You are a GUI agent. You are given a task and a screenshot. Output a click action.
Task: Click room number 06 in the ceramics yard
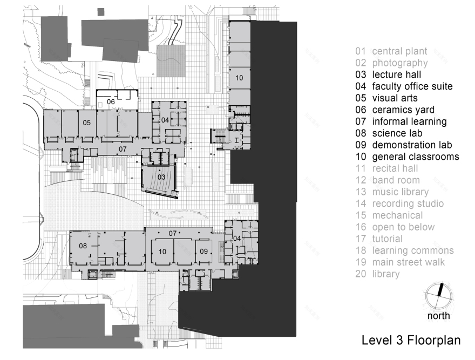pyautogui.click(x=111, y=101)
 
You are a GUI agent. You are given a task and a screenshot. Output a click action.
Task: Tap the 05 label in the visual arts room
pyautogui.click(x=86, y=123)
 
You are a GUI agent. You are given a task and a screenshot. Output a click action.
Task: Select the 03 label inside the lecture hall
pyautogui.click(x=161, y=176)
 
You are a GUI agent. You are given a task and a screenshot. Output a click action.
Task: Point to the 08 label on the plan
pyautogui.click(x=83, y=246)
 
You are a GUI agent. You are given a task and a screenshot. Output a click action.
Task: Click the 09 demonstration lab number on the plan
pyautogui.click(x=203, y=251)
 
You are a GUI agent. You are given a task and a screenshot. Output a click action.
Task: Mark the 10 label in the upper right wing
pyautogui.click(x=239, y=78)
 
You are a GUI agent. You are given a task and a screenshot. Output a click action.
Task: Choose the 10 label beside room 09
pyautogui.click(x=161, y=251)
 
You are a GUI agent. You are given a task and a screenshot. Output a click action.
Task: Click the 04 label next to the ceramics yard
pyautogui.click(x=165, y=119)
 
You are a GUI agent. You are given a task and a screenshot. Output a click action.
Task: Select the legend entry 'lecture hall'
pyautogui.click(x=396, y=74)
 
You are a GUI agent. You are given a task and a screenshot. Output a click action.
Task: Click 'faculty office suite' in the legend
pyautogui.click(x=412, y=86)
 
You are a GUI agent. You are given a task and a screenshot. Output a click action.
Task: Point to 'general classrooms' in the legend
pyautogui.click(x=415, y=157)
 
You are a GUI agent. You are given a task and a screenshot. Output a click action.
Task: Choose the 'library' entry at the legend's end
pyautogui.click(x=385, y=274)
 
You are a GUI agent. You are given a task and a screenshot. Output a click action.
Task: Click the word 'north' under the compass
pyautogui.click(x=438, y=316)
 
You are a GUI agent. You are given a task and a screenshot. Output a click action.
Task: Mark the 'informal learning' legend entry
pyautogui.click(x=409, y=121)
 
